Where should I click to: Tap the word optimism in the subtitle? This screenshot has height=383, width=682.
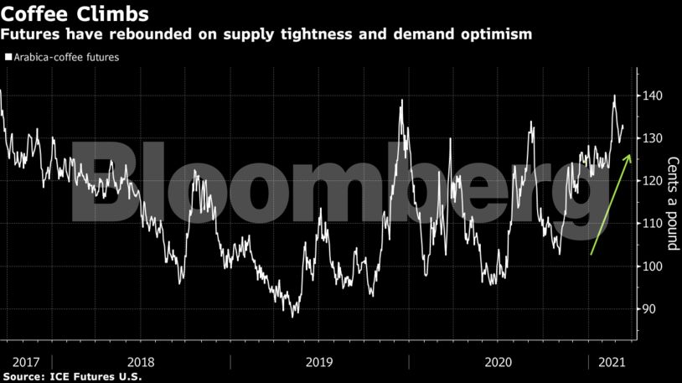pos(493,34)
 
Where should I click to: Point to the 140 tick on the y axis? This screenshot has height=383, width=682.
pos(655,96)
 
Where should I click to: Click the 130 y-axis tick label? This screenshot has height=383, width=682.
pos(655,138)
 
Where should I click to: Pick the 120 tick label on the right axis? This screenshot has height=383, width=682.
pos(655,181)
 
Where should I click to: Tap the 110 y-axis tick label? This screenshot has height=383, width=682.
pos(655,224)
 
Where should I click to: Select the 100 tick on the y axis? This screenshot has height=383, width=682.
pos(655,267)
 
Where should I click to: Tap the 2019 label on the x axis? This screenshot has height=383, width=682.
pos(319,361)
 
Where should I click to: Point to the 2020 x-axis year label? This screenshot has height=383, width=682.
pos(499,361)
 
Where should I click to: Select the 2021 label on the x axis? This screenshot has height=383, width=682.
pos(610,361)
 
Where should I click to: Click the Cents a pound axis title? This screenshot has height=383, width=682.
pos(671,204)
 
